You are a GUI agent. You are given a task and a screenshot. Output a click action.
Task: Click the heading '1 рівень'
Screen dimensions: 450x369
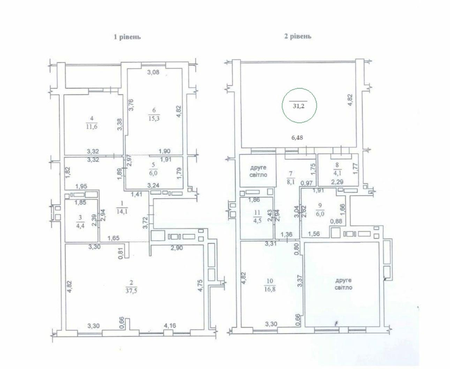(x=127, y=37)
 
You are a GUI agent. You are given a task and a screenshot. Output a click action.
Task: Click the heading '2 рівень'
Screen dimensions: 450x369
(x=298, y=37)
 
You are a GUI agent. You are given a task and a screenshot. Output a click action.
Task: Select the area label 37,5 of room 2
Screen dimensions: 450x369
(x=131, y=291)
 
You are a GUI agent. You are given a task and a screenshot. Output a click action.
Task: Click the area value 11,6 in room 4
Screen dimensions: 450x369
(x=91, y=126)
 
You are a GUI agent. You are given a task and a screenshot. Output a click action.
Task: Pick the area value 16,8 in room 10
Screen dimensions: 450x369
(x=270, y=289)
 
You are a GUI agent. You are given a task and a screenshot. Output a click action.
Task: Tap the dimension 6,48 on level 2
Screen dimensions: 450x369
(x=297, y=138)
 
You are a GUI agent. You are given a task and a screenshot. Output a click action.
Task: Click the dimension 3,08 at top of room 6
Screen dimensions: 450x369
(x=153, y=72)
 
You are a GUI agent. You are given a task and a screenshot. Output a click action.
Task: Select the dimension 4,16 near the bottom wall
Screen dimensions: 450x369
(x=170, y=325)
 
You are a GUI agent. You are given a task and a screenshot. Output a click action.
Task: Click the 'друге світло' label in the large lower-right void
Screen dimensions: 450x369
(x=343, y=284)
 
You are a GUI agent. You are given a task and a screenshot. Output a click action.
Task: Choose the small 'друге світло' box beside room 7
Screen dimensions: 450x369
(x=258, y=171)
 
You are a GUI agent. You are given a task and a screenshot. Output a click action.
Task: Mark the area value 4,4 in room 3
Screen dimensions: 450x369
(x=80, y=226)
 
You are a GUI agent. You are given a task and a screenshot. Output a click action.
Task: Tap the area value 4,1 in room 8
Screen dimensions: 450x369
(x=337, y=173)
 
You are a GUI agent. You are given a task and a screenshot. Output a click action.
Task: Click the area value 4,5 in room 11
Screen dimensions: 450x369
(x=257, y=221)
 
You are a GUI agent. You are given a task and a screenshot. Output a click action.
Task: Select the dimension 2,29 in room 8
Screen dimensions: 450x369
(x=337, y=182)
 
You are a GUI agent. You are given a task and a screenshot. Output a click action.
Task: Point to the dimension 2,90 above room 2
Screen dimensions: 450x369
(x=177, y=248)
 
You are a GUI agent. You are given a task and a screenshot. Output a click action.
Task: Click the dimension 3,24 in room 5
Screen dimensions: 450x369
(x=153, y=185)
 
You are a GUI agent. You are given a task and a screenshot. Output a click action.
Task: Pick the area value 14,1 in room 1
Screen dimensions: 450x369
(x=122, y=212)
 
